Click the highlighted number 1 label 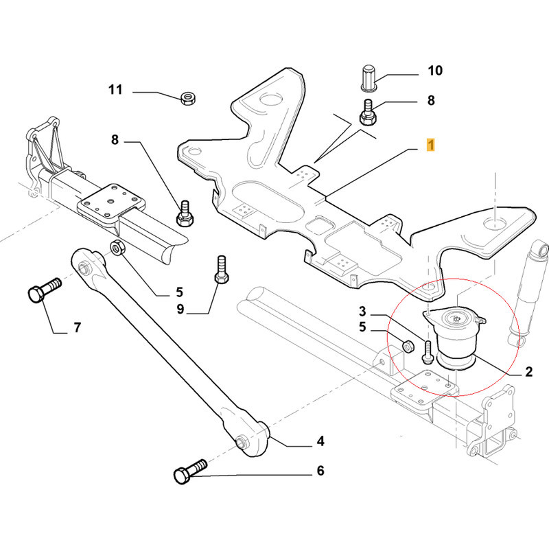pos(430,145)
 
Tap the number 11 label pos(115,90)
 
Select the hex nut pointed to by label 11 pos(187,98)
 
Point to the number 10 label pos(435,70)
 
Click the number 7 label pos(77,327)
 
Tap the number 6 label pos(320,471)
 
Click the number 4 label pos(320,441)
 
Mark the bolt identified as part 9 pos(220,269)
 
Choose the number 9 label pos(180,309)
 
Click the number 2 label pos(528,373)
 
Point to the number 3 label pos(363,312)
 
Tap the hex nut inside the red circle pos(406,344)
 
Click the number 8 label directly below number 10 pos(431,100)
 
